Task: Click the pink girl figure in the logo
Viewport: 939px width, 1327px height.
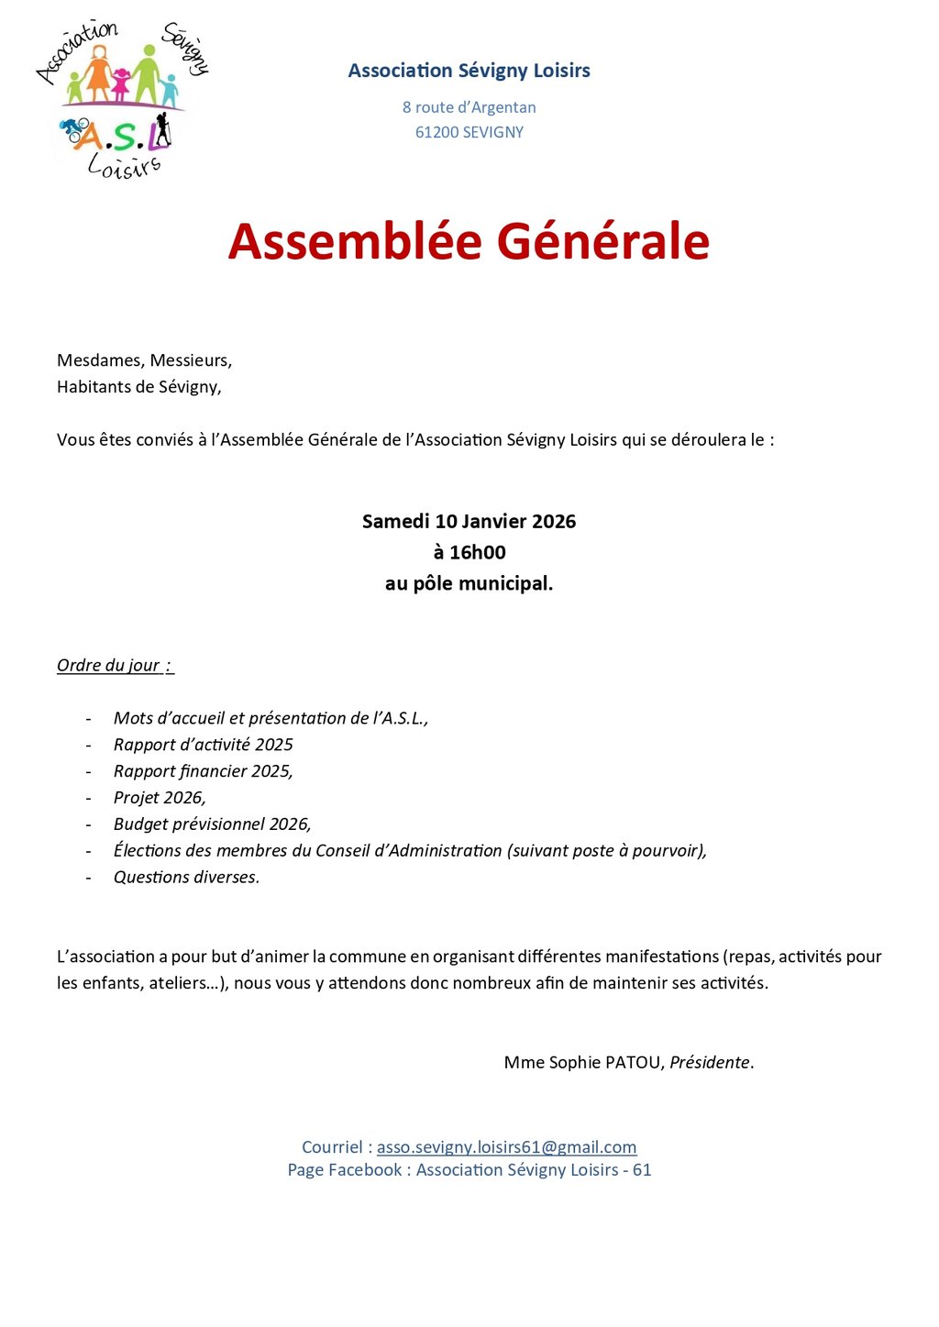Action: click(x=121, y=83)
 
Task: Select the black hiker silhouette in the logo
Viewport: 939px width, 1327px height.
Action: click(x=162, y=129)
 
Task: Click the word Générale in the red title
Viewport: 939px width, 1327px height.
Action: click(x=603, y=241)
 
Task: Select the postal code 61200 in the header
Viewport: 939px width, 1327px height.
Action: click(x=437, y=132)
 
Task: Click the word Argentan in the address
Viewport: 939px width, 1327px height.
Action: click(x=503, y=107)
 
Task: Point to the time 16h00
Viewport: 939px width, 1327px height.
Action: click(x=469, y=552)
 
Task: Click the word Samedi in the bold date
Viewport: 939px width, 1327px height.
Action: click(x=395, y=522)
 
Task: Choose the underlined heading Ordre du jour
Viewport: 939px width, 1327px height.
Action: click(x=115, y=666)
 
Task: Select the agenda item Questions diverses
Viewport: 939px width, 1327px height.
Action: click(x=186, y=878)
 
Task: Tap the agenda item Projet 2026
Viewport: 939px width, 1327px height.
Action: click(x=160, y=798)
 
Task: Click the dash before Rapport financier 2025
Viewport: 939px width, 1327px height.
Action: click(x=89, y=772)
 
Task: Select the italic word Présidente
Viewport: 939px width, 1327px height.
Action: click(x=711, y=1063)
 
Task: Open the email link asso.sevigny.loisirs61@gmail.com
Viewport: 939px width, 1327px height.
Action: click(x=506, y=1147)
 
